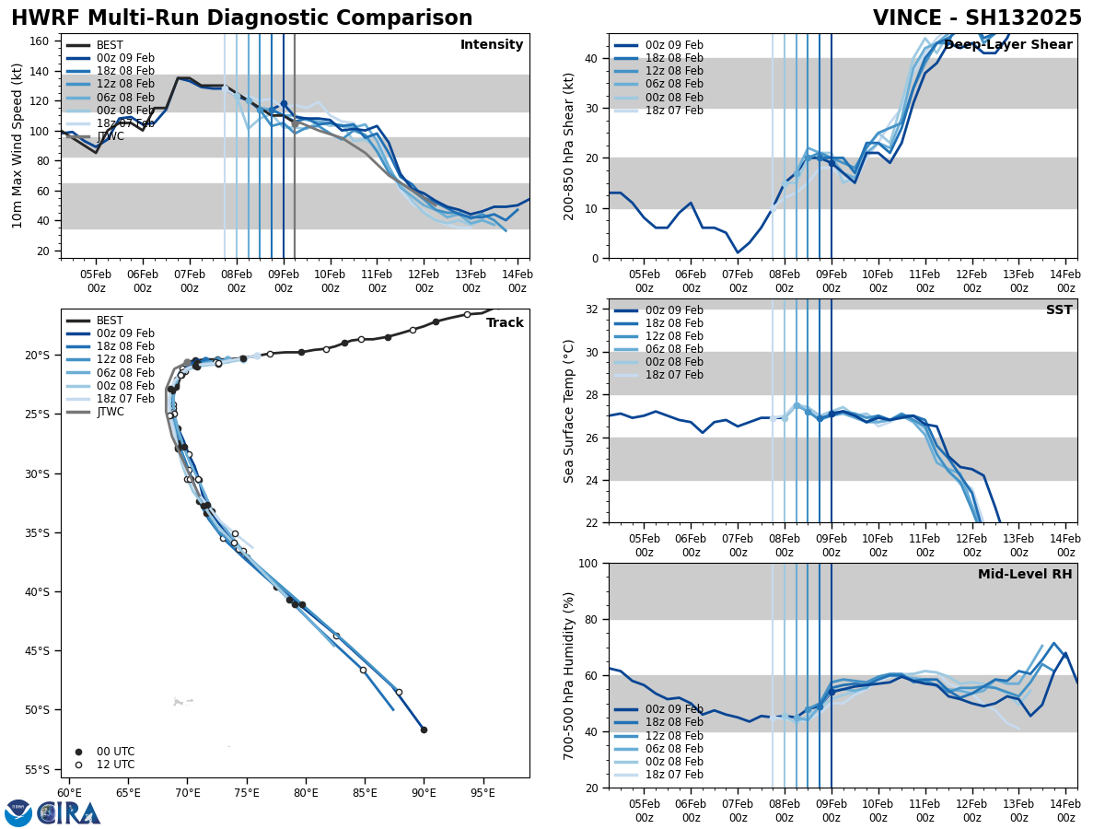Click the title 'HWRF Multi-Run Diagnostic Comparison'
pos(241,18)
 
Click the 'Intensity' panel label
pos(492,45)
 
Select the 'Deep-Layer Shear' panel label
pos(1007,45)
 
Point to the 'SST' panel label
pos(1059,310)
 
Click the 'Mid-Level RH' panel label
pos(1025,575)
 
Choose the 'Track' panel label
pos(505,323)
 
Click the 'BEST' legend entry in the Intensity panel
pos(110,45)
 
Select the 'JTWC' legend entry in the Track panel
pos(110,412)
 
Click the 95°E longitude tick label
pos(483,792)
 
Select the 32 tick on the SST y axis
pos(594,309)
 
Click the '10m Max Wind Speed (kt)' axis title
pos(17,146)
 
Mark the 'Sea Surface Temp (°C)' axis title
pos(569,411)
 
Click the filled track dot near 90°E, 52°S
pos(424,730)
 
